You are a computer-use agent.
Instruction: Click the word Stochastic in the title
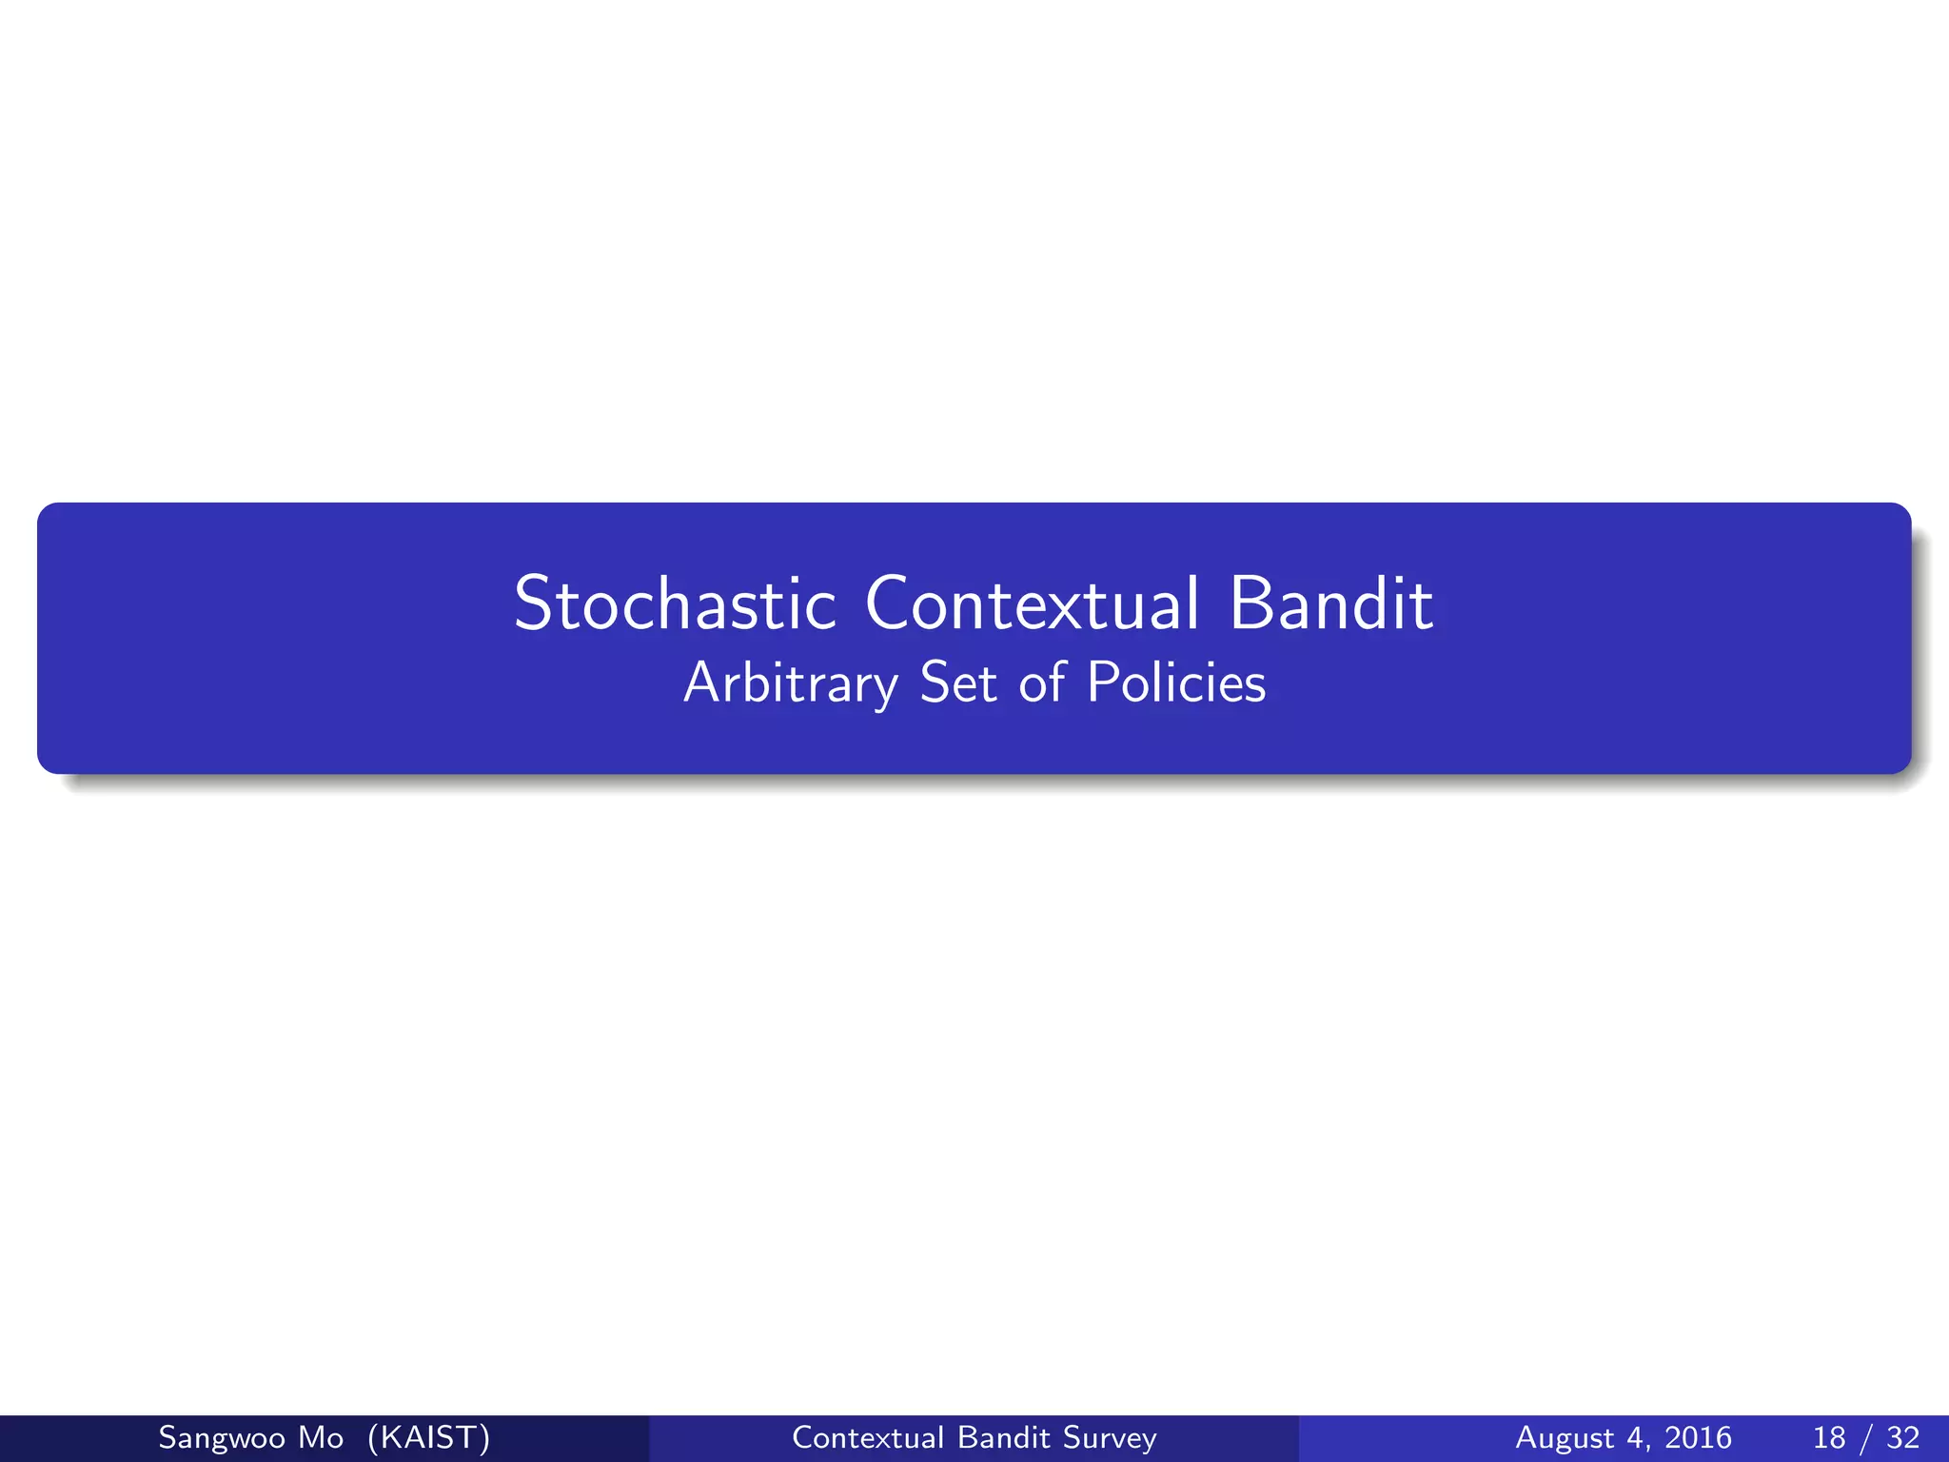pyautogui.click(x=675, y=603)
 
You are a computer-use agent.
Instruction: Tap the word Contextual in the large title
pyautogui.click(x=1033, y=603)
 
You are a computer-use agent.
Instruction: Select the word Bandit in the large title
pyautogui.click(x=1330, y=603)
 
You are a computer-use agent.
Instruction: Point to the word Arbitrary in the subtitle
pyautogui.click(x=790, y=683)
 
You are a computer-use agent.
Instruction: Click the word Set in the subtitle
pyautogui.click(x=958, y=682)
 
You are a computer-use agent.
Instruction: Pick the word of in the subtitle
pyautogui.click(x=1042, y=682)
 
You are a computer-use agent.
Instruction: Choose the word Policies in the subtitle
pyautogui.click(x=1176, y=682)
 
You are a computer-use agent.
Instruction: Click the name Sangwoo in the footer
pyautogui.click(x=219, y=1437)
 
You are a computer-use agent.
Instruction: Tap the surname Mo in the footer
pyautogui.click(x=321, y=1437)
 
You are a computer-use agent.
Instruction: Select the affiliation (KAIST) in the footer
pyautogui.click(x=428, y=1437)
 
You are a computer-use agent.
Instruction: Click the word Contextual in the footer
pyautogui.click(x=867, y=1437)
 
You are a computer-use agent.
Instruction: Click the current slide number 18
pyautogui.click(x=1829, y=1437)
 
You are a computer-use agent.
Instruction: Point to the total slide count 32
pyautogui.click(x=1903, y=1437)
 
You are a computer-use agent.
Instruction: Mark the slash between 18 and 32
pyautogui.click(x=1866, y=1437)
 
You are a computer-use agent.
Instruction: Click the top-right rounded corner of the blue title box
pyautogui.click(x=1902, y=512)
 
